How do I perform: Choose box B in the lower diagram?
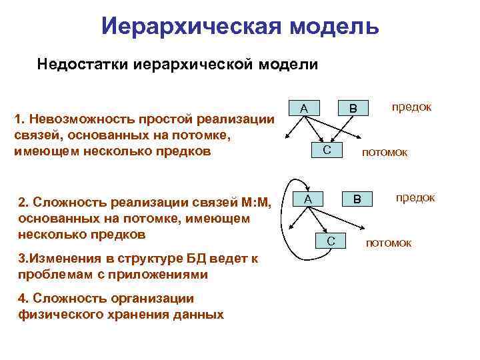(357, 199)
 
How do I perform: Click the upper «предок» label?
(411, 107)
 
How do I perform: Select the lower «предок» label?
(415, 197)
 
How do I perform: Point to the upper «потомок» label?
(385, 153)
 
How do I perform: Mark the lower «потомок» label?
(389, 243)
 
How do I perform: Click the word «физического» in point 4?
(57, 315)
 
